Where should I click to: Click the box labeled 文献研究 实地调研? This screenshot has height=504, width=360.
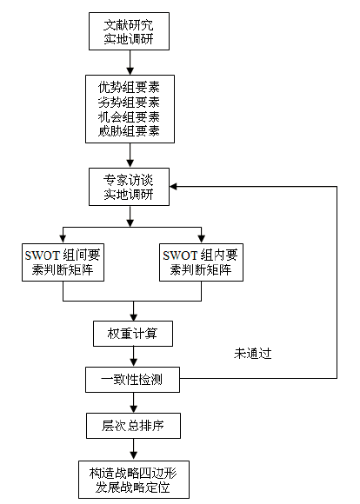[129, 31]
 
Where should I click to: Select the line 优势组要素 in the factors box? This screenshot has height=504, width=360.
[129, 88]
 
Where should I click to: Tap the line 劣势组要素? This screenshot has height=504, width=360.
[129, 103]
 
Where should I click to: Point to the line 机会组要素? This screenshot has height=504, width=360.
[129, 116]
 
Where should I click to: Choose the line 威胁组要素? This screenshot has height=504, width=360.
[129, 131]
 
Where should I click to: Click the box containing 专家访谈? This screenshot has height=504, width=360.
[129, 187]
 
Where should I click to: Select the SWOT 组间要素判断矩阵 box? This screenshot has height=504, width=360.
[63, 262]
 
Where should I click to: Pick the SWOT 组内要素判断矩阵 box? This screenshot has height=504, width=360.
[201, 262]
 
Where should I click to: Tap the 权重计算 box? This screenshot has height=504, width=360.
[133, 334]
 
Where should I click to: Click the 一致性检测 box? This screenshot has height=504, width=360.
[132, 380]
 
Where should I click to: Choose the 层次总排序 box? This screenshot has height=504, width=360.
[133, 426]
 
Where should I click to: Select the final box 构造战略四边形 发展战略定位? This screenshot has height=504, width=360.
[134, 480]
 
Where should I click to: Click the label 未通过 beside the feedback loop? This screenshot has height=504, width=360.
[253, 354]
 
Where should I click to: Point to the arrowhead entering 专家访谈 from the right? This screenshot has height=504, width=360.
[173, 187]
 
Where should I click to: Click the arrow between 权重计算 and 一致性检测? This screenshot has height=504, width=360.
[134, 357]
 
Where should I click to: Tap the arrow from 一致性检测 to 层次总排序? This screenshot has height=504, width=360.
[134, 402]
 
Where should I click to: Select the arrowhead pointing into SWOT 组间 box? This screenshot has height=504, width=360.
[63, 239]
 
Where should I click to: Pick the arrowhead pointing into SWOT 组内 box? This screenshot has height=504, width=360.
[202, 239]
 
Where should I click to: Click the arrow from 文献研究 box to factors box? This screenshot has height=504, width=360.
[130, 63]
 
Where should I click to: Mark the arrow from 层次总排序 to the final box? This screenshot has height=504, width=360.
[134, 449]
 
